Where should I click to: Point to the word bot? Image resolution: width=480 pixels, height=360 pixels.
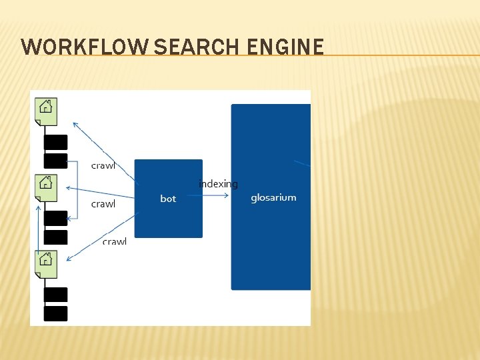click(x=168, y=199)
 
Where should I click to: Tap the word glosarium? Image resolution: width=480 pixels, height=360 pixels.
click(x=273, y=197)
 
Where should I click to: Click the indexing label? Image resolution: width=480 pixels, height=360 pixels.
click(x=218, y=184)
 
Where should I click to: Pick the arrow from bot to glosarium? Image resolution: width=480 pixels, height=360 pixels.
click(x=213, y=195)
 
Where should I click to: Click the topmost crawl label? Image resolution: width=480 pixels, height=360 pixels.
click(x=103, y=165)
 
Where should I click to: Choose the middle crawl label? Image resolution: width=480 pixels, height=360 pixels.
click(x=103, y=204)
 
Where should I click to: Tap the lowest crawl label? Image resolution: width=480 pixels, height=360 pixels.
click(x=114, y=241)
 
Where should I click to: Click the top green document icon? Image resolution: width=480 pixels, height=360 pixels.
click(x=46, y=110)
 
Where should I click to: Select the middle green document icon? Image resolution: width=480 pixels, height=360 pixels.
click(x=46, y=186)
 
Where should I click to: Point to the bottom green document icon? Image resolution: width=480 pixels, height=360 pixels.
click(x=46, y=263)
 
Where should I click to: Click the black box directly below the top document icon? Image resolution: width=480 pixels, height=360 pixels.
click(x=55, y=142)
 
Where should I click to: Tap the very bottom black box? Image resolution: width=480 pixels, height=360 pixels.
click(x=55, y=313)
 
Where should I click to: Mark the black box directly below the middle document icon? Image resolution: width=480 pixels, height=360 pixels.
click(x=55, y=218)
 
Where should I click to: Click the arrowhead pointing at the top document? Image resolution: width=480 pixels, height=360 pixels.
click(x=75, y=124)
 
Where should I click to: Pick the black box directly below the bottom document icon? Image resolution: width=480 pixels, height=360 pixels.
click(x=55, y=294)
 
